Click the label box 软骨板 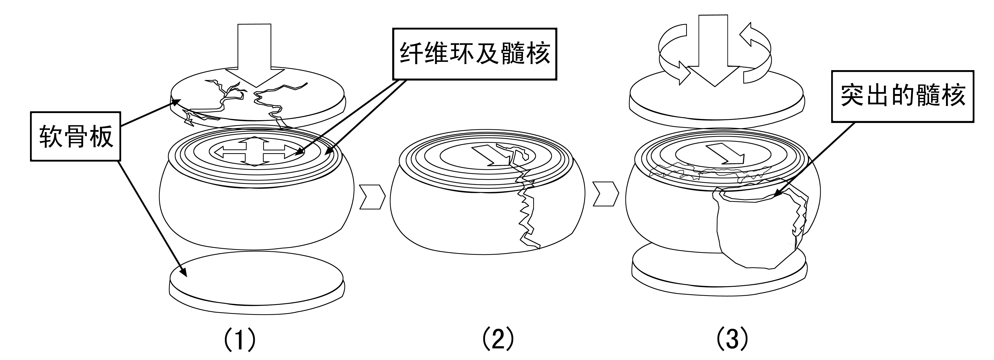pyautogui.click(x=76, y=136)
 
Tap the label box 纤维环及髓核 pyautogui.click(x=474, y=54)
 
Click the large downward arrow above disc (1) pyautogui.click(x=255, y=54)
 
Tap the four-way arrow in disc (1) pyautogui.click(x=255, y=151)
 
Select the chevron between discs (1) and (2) pyautogui.click(x=372, y=197)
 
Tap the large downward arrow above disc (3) pyautogui.click(x=714, y=50)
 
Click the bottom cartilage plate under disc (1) pyautogui.click(x=257, y=280)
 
